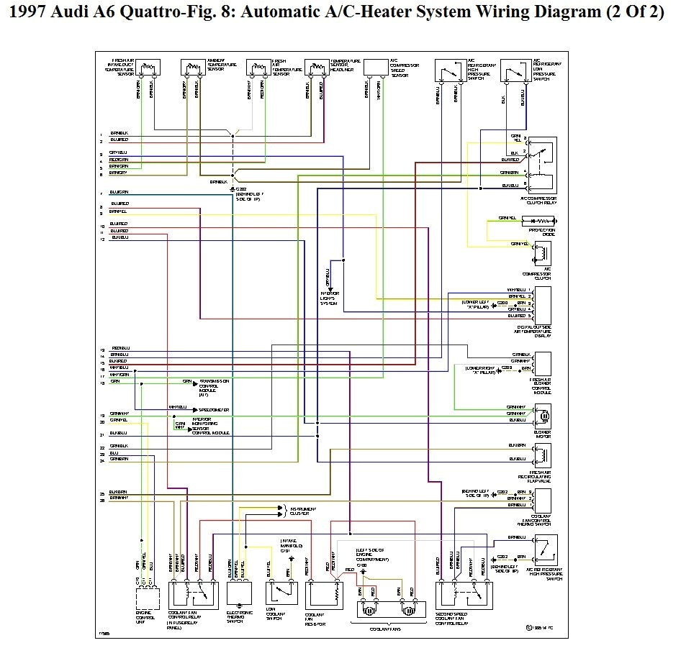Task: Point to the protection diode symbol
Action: point(541,222)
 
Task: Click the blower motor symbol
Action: point(544,415)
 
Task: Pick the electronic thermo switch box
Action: point(240,593)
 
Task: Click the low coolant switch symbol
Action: point(281,593)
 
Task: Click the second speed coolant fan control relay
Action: point(465,594)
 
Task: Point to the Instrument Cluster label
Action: point(300,511)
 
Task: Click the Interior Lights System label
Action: point(330,298)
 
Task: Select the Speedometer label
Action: point(215,409)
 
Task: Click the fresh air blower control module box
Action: point(543,367)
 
